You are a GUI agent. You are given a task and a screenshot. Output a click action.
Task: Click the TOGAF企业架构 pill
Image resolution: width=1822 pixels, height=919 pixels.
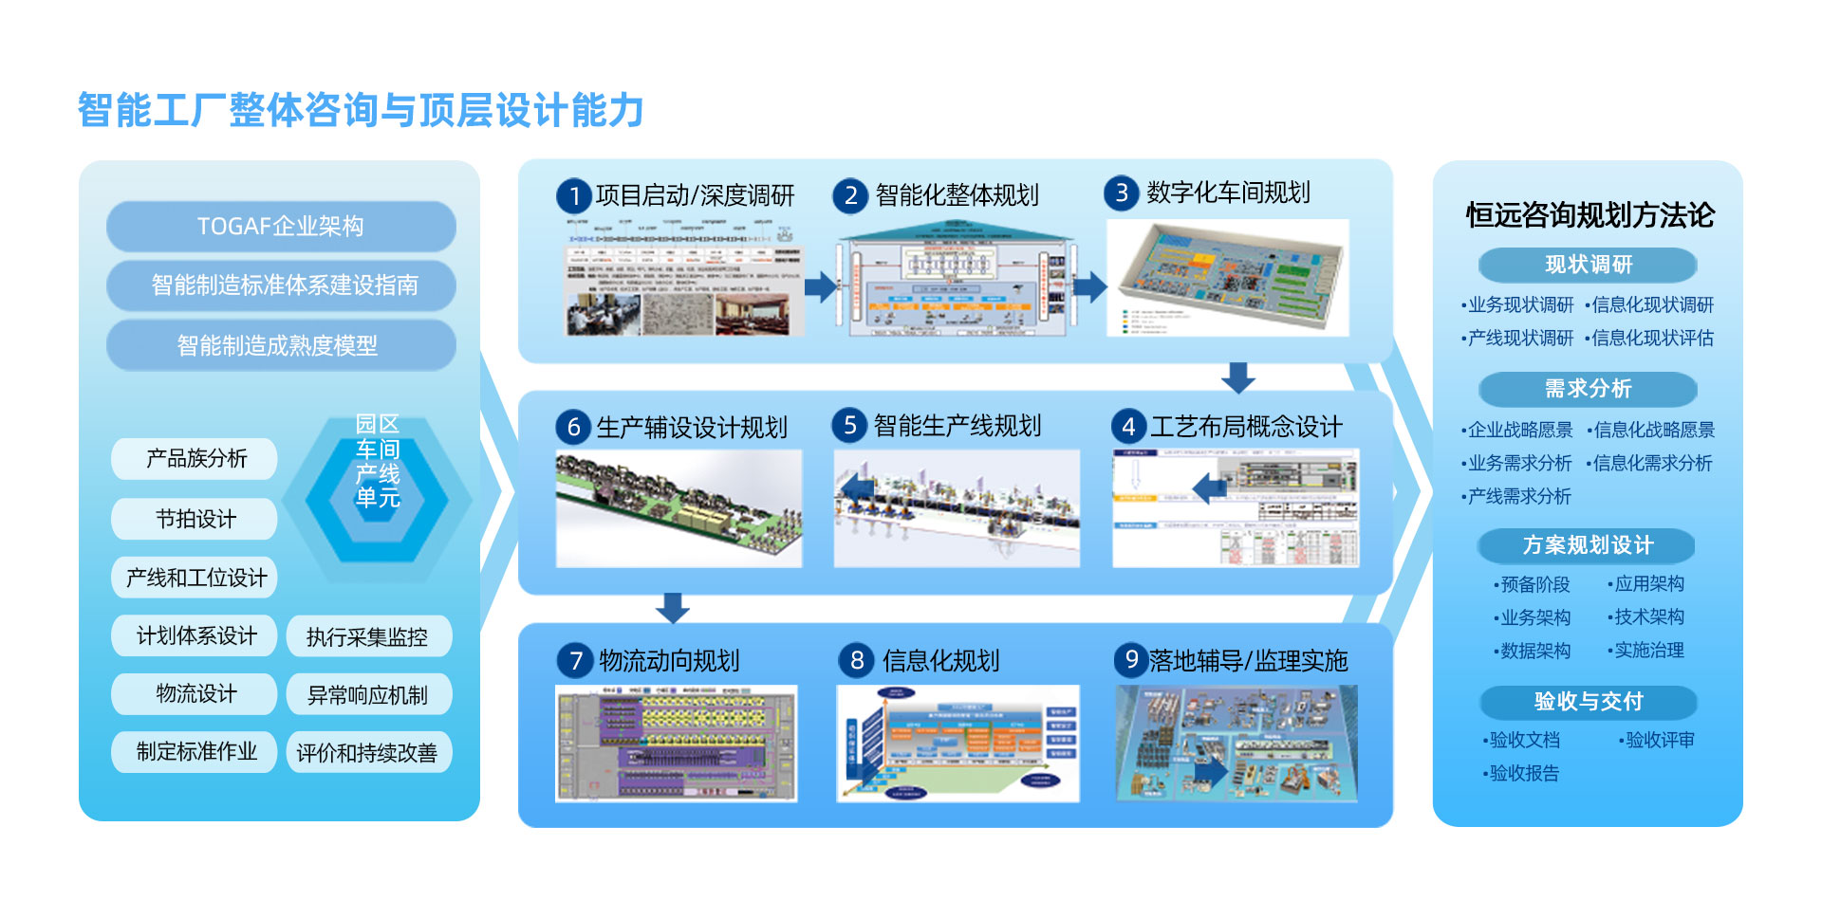coord(281,227)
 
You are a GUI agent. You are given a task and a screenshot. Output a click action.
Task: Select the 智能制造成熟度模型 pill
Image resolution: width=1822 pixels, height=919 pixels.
coord(281,345)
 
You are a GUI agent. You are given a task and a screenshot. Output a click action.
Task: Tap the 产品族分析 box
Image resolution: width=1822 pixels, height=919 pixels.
coord(195,459)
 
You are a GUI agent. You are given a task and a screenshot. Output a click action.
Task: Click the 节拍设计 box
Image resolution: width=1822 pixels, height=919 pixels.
coord(195,519)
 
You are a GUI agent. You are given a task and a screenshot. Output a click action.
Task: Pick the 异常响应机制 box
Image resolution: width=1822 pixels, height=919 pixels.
coord(368,695)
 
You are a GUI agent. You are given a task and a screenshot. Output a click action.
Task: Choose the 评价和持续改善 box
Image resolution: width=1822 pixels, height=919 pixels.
coord(368,753)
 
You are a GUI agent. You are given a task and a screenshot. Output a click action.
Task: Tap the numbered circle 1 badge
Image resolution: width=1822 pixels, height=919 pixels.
coord(573,196)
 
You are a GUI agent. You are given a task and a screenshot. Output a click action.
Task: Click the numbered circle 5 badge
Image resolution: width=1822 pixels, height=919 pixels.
coord(849,426)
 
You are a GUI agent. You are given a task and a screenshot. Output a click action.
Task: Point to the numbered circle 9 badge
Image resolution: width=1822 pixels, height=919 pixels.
coord(1130,659)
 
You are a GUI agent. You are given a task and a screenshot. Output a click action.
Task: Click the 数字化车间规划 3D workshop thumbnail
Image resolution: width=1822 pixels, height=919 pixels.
coord(1227,277)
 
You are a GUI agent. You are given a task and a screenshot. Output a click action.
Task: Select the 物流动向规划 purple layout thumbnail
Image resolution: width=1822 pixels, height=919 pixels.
coord(676,744)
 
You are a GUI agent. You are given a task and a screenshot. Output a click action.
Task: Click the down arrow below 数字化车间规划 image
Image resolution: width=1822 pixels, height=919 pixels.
coord(1237,377)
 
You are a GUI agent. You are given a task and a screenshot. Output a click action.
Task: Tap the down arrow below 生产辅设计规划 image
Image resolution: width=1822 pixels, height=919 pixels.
coord(672,608)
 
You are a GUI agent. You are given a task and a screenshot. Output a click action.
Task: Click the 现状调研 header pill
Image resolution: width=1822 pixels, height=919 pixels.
coord(1588,265)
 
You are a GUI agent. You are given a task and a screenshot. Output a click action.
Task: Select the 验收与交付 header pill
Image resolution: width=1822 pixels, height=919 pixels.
coord(1588,702)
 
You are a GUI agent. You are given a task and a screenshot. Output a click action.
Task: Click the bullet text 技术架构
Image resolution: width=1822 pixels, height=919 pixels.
coord(1649,617)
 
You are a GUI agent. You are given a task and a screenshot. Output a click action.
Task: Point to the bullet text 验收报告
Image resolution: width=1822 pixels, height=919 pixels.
coord(1524,774)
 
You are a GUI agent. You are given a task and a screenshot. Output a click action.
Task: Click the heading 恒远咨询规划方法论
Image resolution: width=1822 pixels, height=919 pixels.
coord(1590,215)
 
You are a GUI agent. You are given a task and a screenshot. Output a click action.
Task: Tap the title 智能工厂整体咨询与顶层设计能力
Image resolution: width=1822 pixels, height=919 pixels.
coord(361,110)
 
